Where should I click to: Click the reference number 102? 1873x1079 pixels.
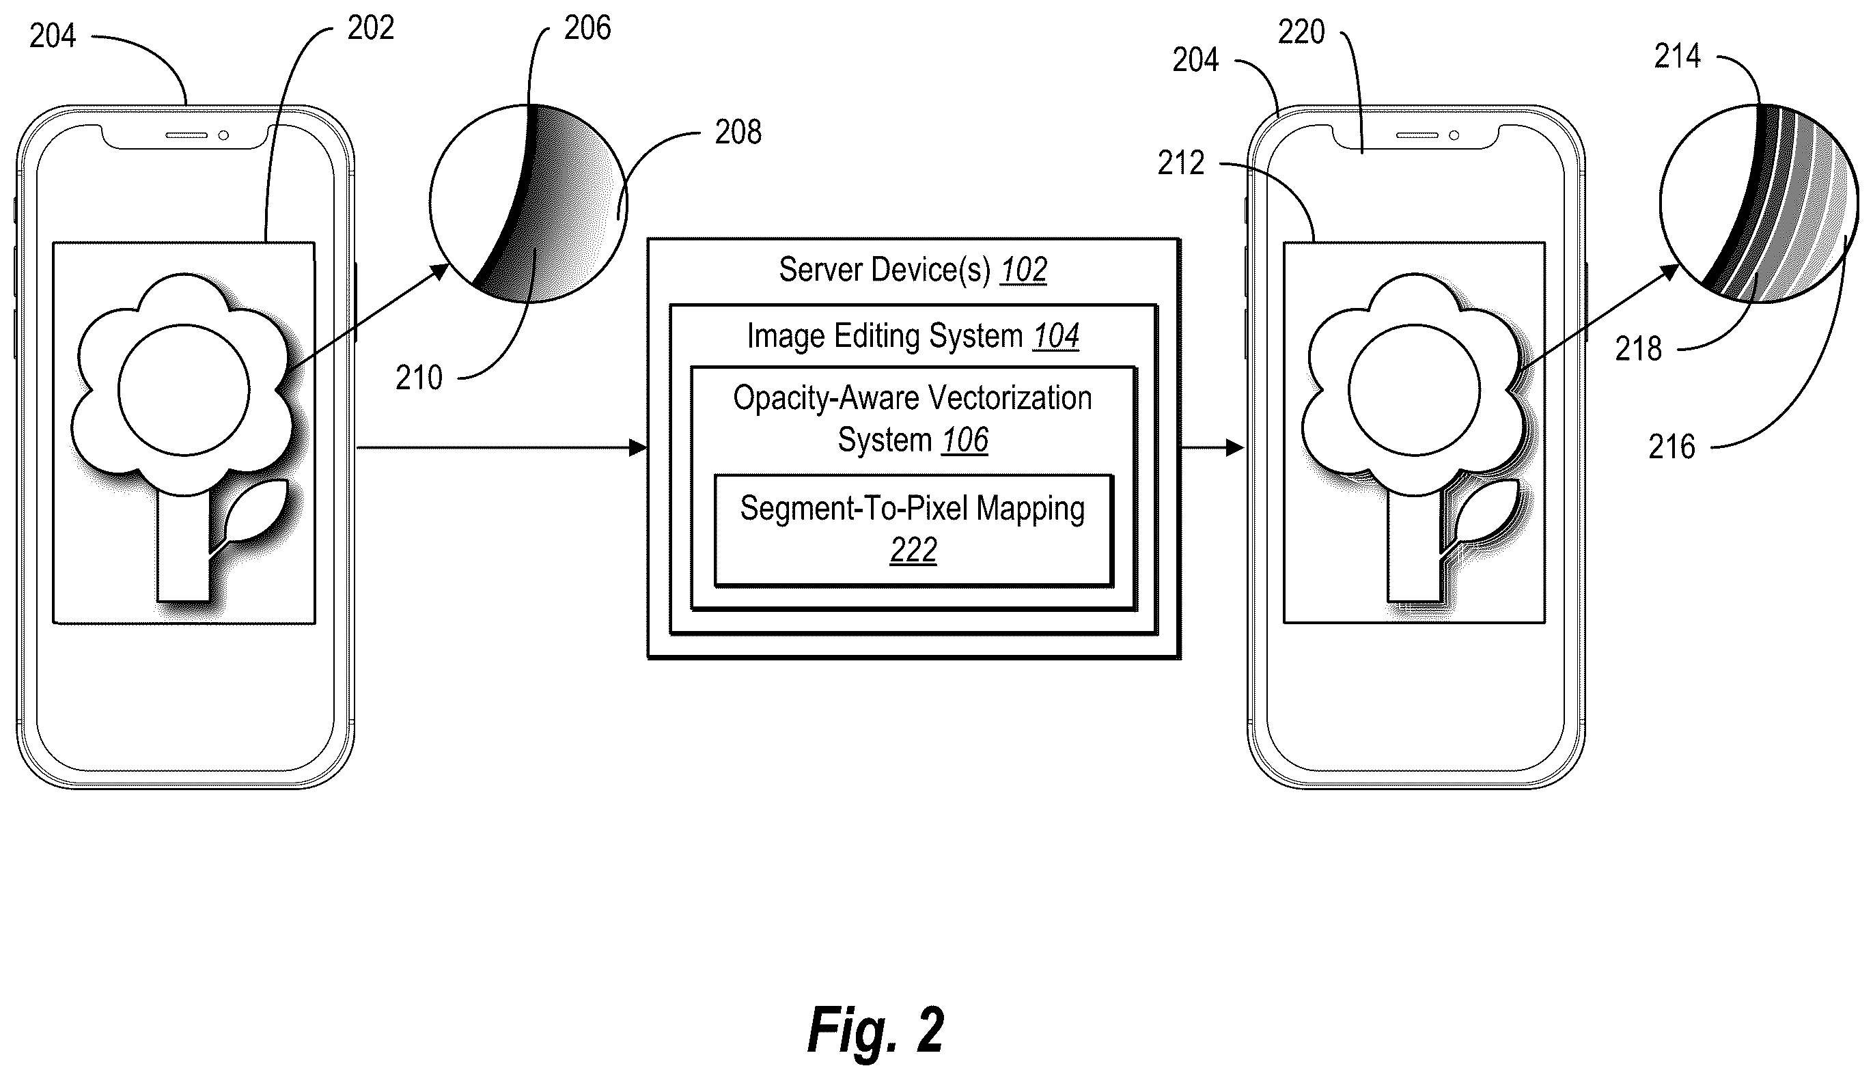tap(1023, 270)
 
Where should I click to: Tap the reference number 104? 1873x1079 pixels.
tap(1056, 337)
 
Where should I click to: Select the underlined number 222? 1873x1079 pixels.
tap(913, 550)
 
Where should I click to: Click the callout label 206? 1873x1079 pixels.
tap(587, 28)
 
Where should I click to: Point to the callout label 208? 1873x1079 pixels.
tap(738, 132)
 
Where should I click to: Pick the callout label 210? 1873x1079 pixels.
tap(419, 378)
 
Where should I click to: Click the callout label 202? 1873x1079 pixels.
tap(371, 28)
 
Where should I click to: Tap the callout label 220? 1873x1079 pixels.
tap(1301, 32)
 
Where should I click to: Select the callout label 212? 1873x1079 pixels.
tap(1181, 163)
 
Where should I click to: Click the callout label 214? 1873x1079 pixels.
tap(1678, 56)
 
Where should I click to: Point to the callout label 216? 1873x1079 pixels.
tap(1671, 447)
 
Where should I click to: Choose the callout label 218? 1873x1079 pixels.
tap(1638, 349)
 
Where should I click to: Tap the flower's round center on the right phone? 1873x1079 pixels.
tap(1414, 390)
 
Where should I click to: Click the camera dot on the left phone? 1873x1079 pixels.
tap(223, 136)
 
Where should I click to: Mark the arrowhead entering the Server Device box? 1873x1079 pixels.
tap(638, 447)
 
